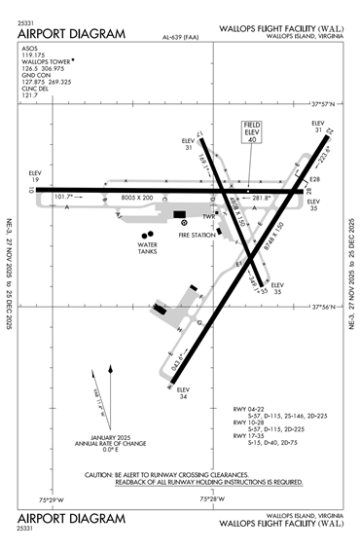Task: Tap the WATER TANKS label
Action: coord(148,249)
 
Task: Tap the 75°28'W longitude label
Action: coord(213,500)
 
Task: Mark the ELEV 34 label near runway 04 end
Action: coord(183,393)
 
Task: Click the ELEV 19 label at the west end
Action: coord(34,178)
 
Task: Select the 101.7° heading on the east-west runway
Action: coord(66,198)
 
